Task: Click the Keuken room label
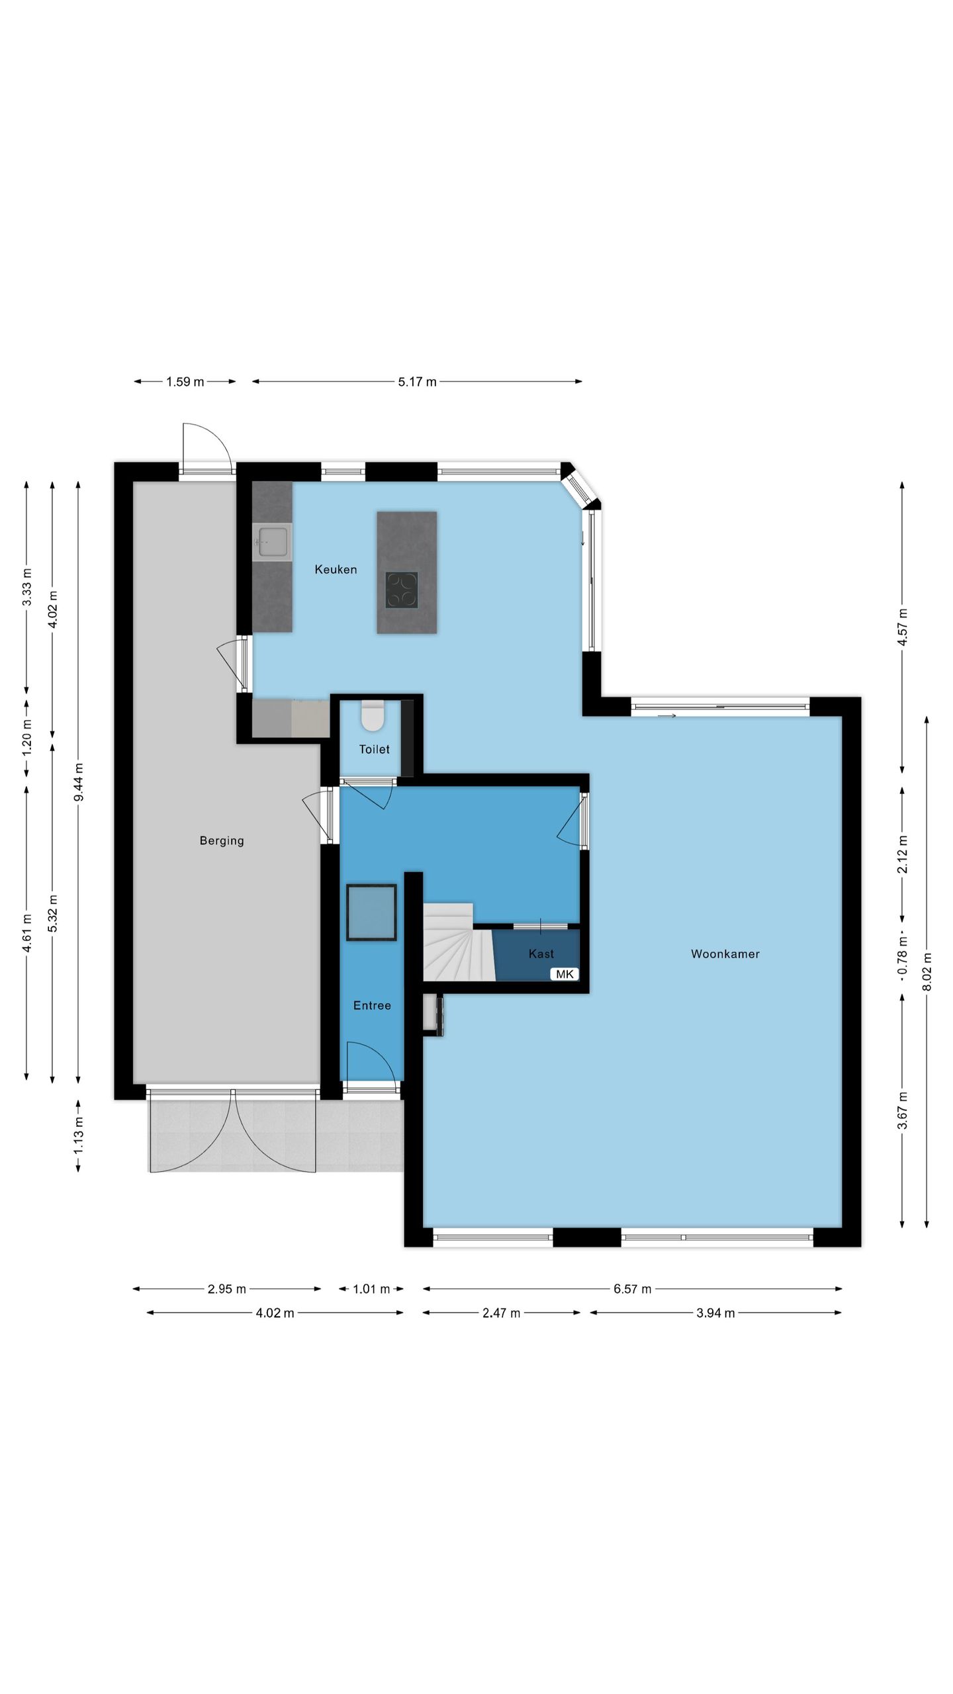tap(336, 569)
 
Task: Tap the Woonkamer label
tap(725, 954)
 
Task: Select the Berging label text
tap(222, 841)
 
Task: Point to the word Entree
tap(372, 1005)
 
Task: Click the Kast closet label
tap(541, 954)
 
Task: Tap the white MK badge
tap(565, 974)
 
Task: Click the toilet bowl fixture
tap(373, 716)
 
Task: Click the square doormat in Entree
tap(371, 913)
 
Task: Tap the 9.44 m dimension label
tap(79, 782)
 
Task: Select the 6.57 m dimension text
tap(632, 1288)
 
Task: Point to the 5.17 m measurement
tap(417, 382)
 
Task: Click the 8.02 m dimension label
tap(927, 971)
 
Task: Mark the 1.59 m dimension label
tap(185, 382)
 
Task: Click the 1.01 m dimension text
tap(371, 1288)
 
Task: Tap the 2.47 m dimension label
tap(501, 1313)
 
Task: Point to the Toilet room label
tap(374, 749)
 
